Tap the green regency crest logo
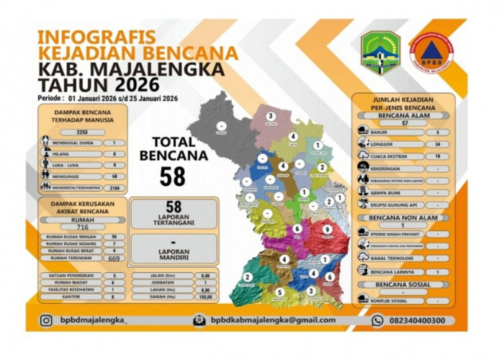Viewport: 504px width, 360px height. click(380, 53)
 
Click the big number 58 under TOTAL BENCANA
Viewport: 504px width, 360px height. click(173, 176)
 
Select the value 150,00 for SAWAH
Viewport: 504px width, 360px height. click(205, 296)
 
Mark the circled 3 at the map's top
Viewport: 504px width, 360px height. click(271, 116)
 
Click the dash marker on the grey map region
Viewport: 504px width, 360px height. click(221, 126)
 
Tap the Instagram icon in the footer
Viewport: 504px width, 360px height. click(46, 320)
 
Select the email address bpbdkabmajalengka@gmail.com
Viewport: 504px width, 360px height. click(273, 320)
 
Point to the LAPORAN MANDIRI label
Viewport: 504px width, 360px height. click(173, 253)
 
